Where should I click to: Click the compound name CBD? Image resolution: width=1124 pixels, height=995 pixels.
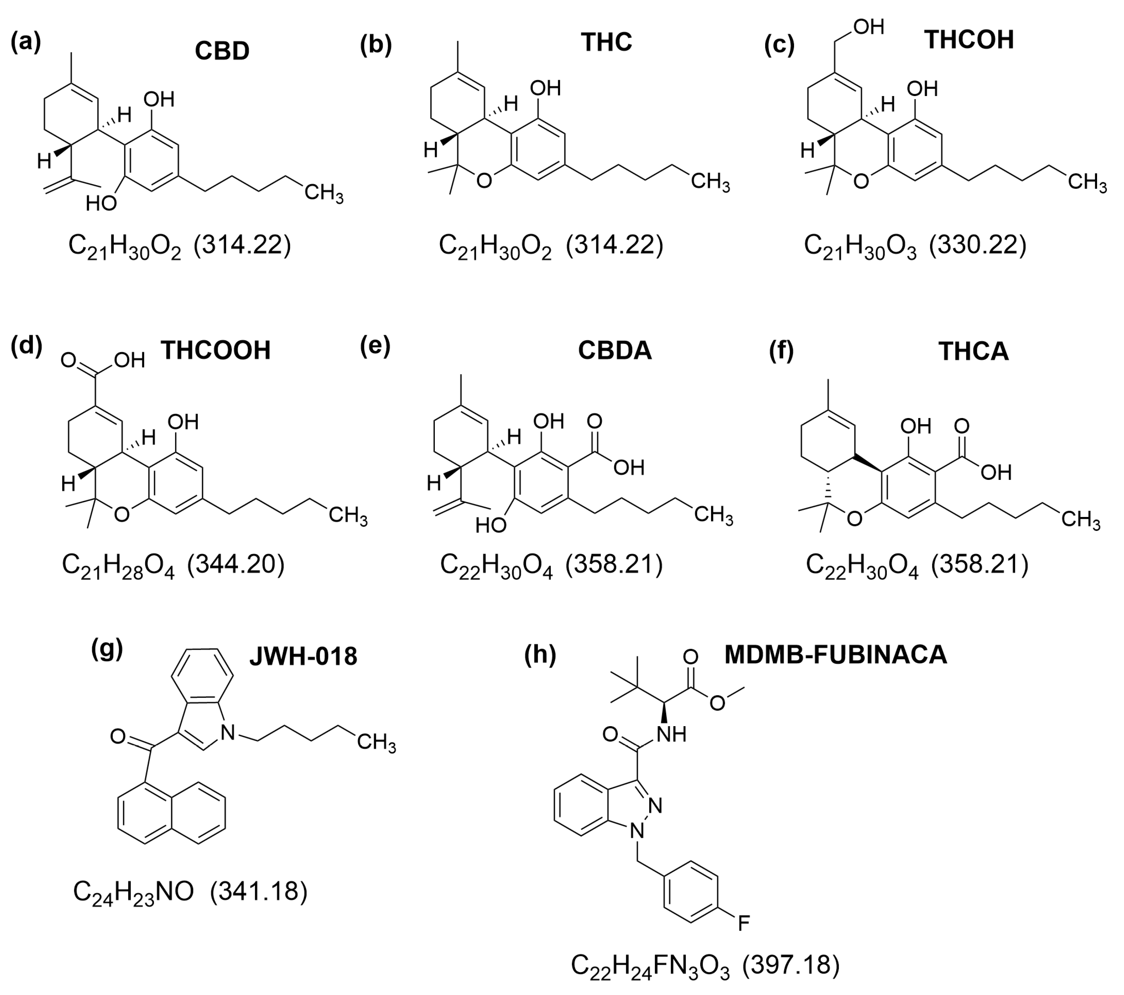point(222,51)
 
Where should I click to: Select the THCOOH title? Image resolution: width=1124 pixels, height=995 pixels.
point(215,350)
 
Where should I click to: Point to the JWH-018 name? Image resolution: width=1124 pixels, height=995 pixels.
point(303,656)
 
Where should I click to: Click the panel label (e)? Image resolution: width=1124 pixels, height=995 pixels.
point(375,347)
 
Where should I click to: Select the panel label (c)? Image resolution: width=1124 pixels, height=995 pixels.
point(779,45)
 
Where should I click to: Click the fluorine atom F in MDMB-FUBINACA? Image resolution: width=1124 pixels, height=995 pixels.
point(743,924)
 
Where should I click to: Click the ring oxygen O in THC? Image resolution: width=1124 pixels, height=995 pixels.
point(484,181)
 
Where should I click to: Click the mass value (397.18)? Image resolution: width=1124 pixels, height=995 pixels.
point(791,965)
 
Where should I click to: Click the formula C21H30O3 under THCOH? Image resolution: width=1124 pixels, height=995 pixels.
point(860,245)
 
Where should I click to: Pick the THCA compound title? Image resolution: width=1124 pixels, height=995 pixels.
point(973,352)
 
